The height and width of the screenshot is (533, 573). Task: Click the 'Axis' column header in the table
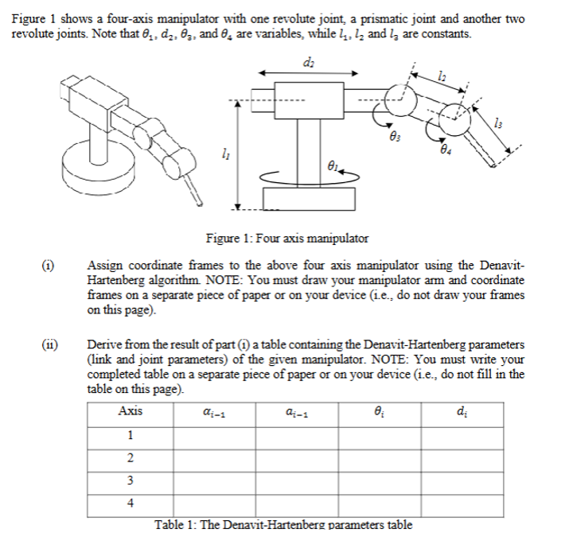coord(130,411)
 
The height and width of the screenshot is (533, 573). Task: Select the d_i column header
coord(462,412)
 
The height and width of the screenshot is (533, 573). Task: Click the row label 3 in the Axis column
coord(130,480)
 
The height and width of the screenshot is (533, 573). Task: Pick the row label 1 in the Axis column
coord(130,434)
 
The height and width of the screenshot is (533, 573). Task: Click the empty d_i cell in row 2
coord(462,457)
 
